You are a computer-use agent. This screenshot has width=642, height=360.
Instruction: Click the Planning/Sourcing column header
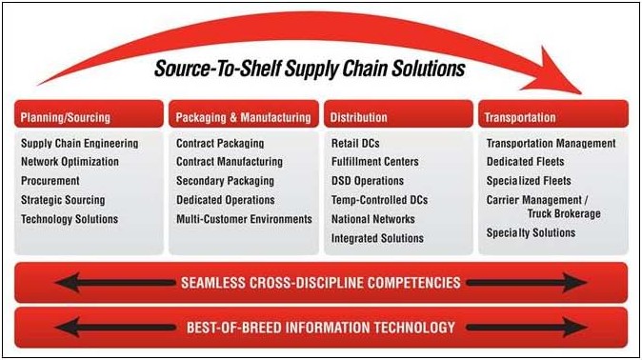[x=65, y=118]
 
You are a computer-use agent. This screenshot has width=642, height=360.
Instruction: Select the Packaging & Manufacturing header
[x=243, y=118]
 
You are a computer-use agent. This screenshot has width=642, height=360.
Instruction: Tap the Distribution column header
[x=359, y=117]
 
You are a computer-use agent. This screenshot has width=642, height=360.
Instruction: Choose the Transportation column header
[x=520, y=118]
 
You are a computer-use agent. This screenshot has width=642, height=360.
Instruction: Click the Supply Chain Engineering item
[x=80, y=144]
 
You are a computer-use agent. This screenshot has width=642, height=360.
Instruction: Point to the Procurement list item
[x=50, y=181]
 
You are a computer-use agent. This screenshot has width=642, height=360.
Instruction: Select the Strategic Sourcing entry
[x=63, y=200]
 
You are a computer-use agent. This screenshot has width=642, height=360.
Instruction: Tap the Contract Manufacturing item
[x=230, y=162]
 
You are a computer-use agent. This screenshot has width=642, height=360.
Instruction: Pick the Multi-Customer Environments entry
[x=244, y=219]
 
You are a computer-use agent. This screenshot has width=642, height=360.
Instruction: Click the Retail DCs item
[x=355, y=144]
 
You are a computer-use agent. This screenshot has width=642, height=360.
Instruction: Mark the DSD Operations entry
[x=368, y=181]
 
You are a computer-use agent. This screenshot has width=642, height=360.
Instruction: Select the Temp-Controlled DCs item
[x=379, y=200]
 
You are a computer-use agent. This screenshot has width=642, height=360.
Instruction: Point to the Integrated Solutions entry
[x=377, y=238]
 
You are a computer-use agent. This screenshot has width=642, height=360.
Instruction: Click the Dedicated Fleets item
[x=525, y=162]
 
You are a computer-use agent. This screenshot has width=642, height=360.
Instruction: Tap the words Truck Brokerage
[x=564, y=213]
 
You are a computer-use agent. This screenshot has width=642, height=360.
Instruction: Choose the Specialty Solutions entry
[x=532, y=233]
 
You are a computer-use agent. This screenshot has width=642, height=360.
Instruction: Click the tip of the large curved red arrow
[x=581, y=93]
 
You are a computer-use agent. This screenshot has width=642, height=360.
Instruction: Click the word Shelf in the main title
[x=260, y=69]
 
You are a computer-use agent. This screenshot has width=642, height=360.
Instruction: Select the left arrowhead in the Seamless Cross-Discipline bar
[x=68, y=283]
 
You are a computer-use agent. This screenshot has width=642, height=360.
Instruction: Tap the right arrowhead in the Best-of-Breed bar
[x=575, y=328]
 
